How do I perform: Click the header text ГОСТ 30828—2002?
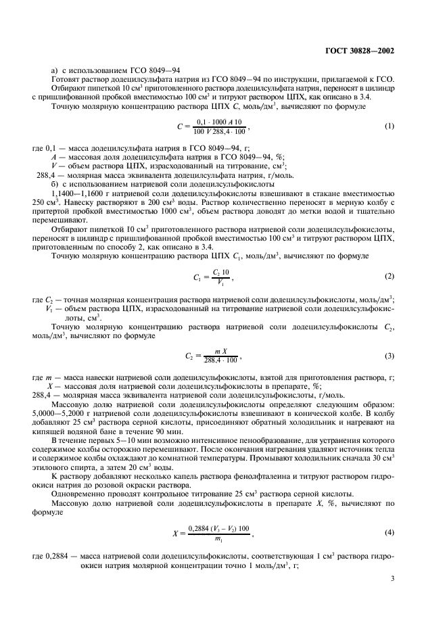[370, 48]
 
